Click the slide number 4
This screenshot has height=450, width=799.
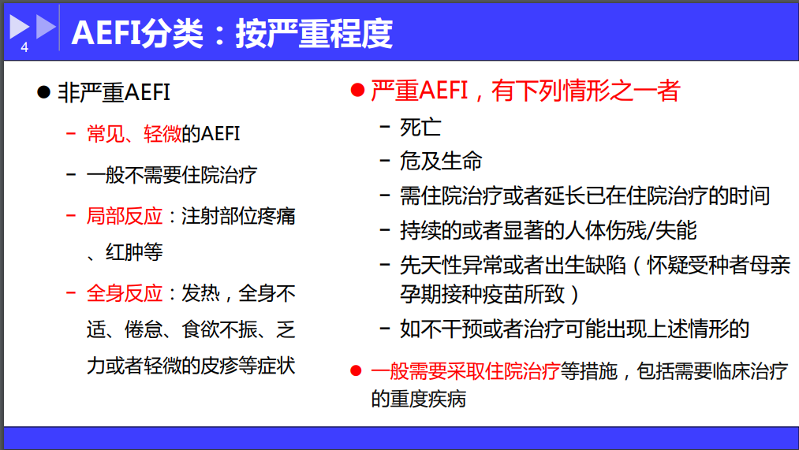[x=24, y=47]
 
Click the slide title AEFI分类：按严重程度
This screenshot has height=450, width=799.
[x=232, y=34]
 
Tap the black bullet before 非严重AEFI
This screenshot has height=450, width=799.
[x=44, y=92]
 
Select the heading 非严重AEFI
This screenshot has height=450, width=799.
[x=114, y=93]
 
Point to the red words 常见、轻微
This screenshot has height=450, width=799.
[x=134, y=134]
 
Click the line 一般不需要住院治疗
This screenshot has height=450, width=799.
[x=172, y=175]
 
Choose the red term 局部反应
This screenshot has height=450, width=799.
[x=125, y=217]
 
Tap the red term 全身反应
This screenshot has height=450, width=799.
[x=125, y=294]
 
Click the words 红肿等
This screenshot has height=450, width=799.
[x=134, y=252]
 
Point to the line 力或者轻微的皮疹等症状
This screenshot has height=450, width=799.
[x=191, y=366]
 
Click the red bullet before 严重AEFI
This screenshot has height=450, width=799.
[x=358, y=91]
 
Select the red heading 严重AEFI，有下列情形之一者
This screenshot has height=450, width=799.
[x=525, y=91]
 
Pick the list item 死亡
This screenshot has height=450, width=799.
[x=420, y=127]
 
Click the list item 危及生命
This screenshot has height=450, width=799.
[x=441, y=161]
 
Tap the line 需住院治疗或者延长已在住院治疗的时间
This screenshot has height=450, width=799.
[x=584, y=196]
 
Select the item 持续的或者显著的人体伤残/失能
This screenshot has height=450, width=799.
[x=547, y=231]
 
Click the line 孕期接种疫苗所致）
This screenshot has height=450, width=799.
[x=490, y=294]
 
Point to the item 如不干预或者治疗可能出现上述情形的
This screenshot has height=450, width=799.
[x=574, y=329]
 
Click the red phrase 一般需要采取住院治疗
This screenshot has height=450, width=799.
[x=465, y=371]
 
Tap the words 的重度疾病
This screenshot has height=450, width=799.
[x=418, y=399]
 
